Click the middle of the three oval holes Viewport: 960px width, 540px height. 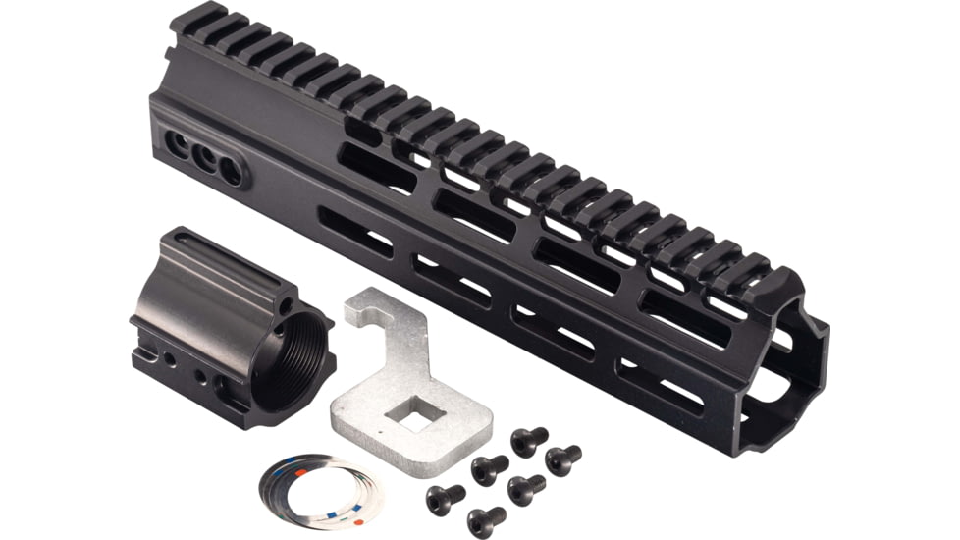pos(204,157)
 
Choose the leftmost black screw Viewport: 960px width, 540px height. pos(443,497)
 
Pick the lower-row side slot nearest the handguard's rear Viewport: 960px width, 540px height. pos(354,232)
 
